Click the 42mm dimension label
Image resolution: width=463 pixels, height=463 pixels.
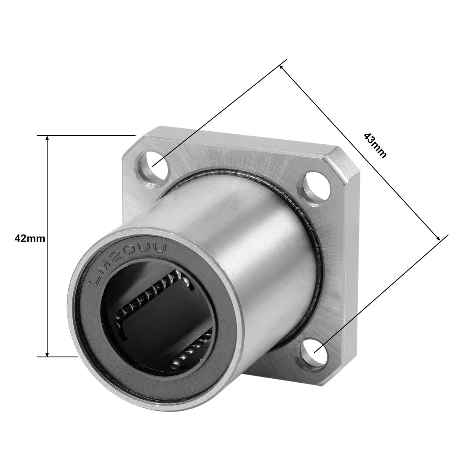pos(29,239)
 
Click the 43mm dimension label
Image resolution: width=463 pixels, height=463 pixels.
pos(375,145)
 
